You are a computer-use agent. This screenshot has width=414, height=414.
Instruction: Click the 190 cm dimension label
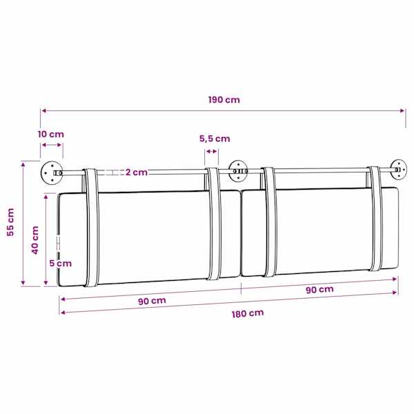224,100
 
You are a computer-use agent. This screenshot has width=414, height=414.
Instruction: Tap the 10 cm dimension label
50,134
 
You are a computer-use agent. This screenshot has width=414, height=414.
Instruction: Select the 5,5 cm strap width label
215,139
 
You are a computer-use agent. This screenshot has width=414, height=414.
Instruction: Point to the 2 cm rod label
136,172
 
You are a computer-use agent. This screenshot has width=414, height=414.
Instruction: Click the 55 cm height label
10,222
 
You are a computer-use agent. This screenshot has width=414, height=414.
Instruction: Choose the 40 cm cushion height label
35,240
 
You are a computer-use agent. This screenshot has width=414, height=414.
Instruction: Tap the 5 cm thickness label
61,264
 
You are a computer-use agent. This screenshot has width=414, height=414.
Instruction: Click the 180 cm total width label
248,313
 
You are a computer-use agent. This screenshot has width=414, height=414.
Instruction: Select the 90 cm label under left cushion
152,301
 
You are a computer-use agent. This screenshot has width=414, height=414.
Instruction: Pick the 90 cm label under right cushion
319,289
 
